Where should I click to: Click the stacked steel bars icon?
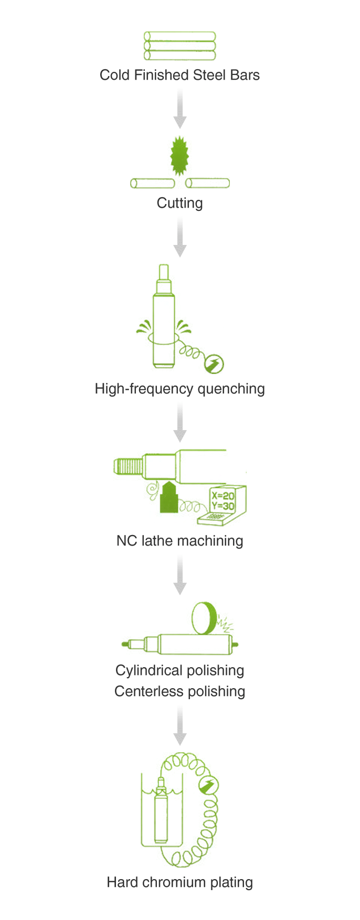pyautogui.click(x=180, y=46)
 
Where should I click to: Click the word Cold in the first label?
pyautogui.click(x=114, y=75)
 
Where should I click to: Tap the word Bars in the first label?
pyautogui.click(x=245, y=75)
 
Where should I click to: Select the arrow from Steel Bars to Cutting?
pyautogui.click(x=180, y=109)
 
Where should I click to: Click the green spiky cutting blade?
pyautogui.click(x=179, y=156)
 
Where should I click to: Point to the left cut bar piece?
pyautogui.click(x=153, y=183)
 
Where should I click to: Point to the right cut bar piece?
pyautogui.click(x=207, y=183)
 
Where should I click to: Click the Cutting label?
pyautogui.click(x=180, y=203)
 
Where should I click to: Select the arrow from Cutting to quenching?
pyautogui.click(x=180, y=238)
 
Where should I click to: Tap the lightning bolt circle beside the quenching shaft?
pyautogui.click(x=214, y=363)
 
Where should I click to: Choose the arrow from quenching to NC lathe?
pyautogui.click(x=180, y=423)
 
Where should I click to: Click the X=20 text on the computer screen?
pyautogui.click(x=223, y=496)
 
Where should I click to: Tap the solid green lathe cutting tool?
pyautogui.click(x=169, y=497)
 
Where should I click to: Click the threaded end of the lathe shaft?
pyautogui.click(x=129, y=466)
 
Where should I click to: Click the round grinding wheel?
pyautogui.click(x=205, y=618)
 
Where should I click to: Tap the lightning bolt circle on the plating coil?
pyautogui.click(x=209, y=785)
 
